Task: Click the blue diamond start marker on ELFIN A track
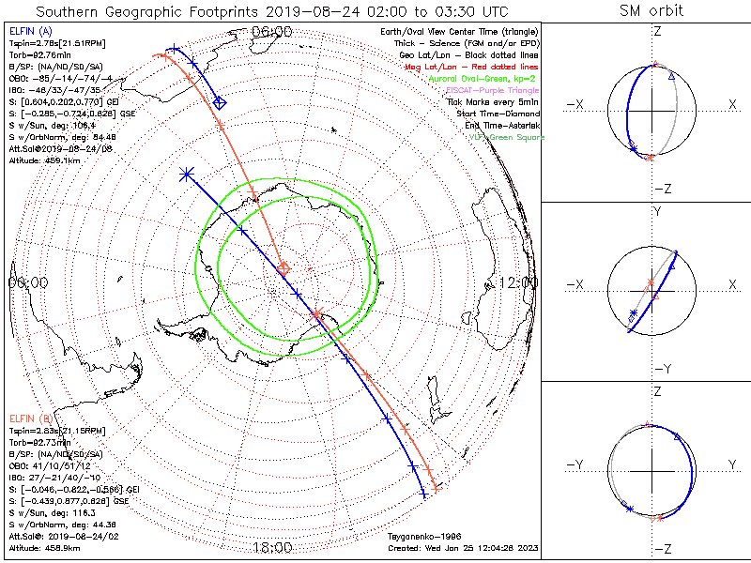pos(219,103)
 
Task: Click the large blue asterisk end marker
pos(186,174)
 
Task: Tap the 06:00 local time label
pos(272,31)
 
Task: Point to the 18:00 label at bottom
pos(272,547)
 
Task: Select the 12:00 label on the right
pos(518,282)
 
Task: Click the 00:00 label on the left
pos(28,282)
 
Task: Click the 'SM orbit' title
pos(651,11)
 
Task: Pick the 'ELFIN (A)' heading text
pos(30,31)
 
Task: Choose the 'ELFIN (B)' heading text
pos(30,418)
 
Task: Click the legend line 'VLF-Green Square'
pos(506,137)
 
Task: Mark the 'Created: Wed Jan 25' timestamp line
pos(463,547)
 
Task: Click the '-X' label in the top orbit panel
pos(575,106)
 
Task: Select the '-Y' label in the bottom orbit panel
pos(575,464)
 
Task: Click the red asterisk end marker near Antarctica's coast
pos(315,313)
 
